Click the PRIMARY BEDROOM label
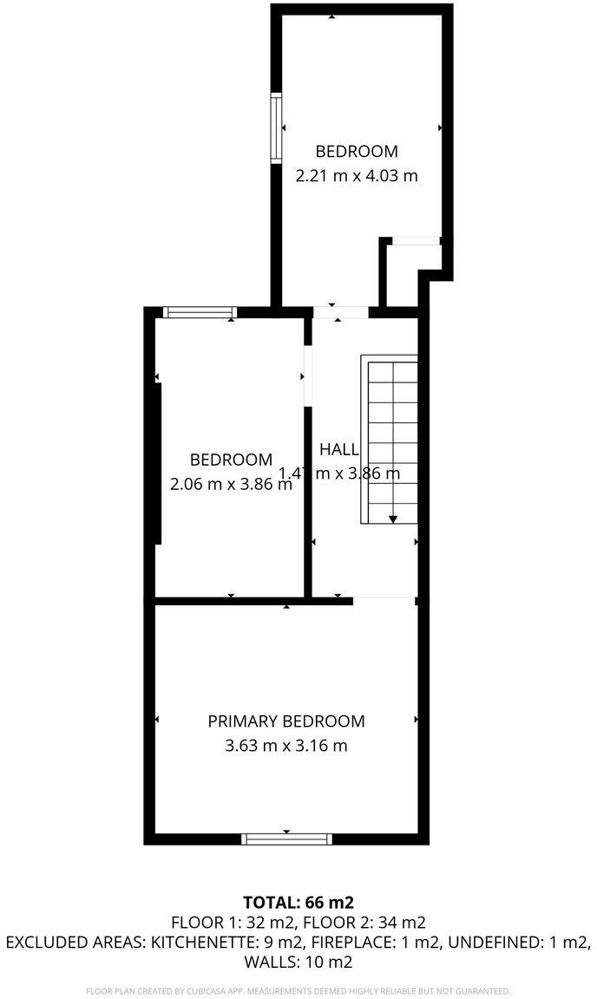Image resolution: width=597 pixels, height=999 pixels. [286, 721]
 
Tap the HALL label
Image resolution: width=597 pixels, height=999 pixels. [339, 449]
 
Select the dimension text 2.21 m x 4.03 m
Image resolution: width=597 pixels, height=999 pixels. [357, 175]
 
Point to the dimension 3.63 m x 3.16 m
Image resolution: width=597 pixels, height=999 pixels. [286, 746]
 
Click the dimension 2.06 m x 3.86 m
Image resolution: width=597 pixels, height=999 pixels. [231, 485]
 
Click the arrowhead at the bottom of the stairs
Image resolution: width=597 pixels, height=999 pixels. [393, 519]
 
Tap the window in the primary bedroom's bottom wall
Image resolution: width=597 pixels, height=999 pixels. [286, 839]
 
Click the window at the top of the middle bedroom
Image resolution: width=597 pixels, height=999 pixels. [200, 312]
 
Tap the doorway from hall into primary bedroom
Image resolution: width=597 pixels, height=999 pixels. [384, 599]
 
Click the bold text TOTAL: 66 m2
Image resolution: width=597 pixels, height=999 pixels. [298, 902]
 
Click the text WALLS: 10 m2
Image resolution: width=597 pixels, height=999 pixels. [298, 962]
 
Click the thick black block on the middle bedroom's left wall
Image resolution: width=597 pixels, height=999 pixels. [159, 463]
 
